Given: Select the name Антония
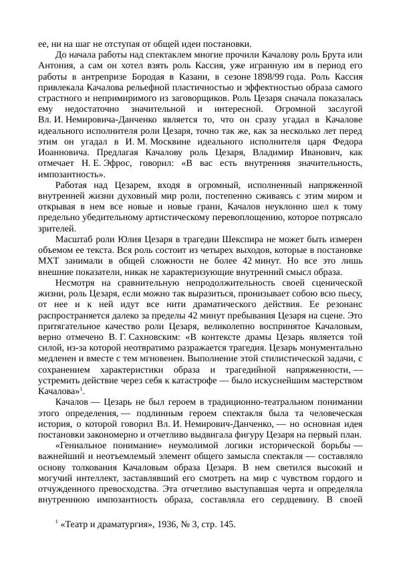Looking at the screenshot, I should tap(57, 66).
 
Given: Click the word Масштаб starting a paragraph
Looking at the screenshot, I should tap(74, 240).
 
